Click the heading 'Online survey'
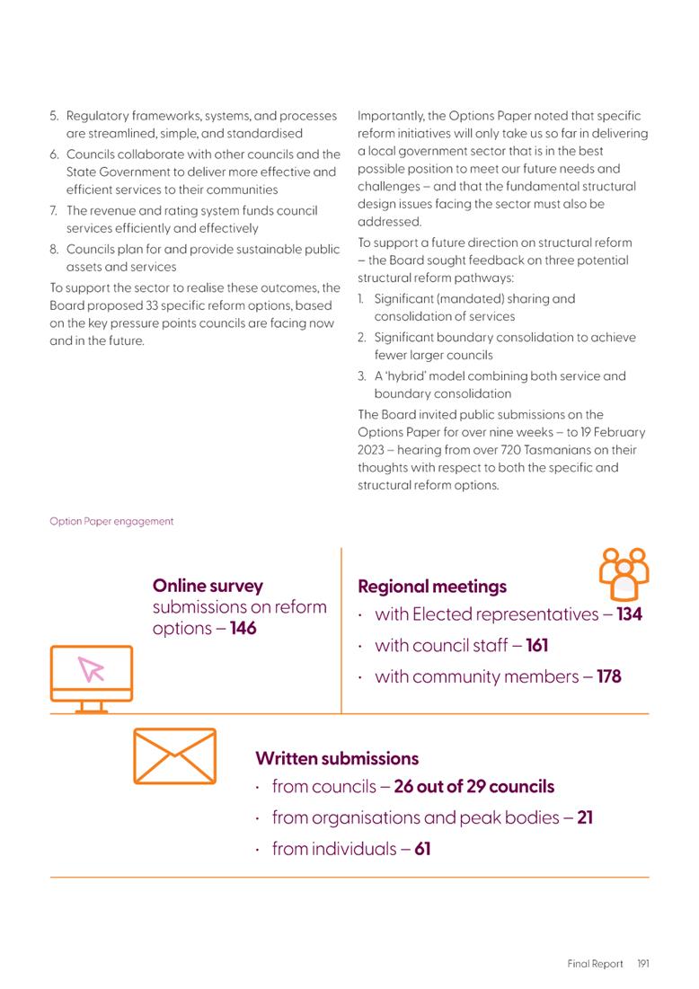tap(208, 586)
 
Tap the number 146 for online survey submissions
tap(243, 628)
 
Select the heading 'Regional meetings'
tap(431, 587)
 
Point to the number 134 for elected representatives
tap(629, 614)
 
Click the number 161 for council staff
tap(536, 645)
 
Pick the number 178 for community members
tap(608, 676)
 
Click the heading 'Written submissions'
tap(337, 759)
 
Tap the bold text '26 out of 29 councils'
tap(473, 787)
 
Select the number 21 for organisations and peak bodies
tap(584, 817)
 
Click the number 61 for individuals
tap(422, 848)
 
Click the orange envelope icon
tap(174, 755)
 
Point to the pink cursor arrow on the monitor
tap(92, 669)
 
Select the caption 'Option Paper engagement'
tap(111, 521)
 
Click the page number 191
tap(642, 964)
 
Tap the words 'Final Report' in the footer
tap(595, 964)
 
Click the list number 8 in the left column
tap(54, 249)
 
